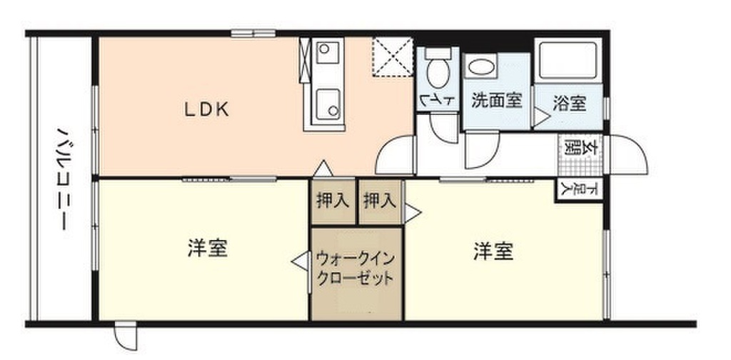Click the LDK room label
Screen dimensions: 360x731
click(206, 109)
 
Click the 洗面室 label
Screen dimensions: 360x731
click(495, 101)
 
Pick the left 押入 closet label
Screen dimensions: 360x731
click(333, 201)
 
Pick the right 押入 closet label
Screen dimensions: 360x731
click(379, 201)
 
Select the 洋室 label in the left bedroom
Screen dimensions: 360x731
click(208, 249)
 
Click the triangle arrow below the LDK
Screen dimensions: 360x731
click(323, 169)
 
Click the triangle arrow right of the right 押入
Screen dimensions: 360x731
click(413, 211)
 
